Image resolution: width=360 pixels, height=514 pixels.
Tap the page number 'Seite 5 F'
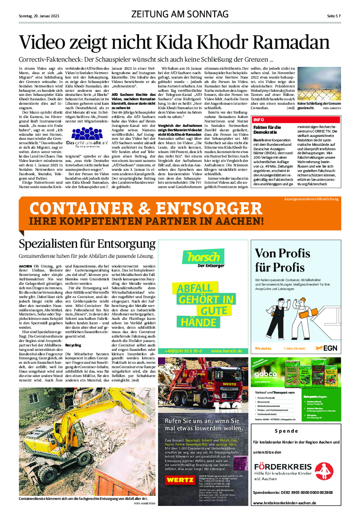click(x=334, y=16)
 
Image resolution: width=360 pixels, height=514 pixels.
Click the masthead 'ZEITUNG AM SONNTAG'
click(x=180, y=15)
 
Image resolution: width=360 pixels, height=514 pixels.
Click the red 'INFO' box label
click(x=259, y=120)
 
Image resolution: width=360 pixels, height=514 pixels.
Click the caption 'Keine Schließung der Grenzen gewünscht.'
click(x=318, y=106)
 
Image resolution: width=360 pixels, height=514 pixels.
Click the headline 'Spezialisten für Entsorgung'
click(x=87, y=244)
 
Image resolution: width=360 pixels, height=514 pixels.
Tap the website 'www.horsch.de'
click(x=226, y=351)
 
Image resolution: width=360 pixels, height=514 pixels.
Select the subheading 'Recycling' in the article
click(x=73, y=345)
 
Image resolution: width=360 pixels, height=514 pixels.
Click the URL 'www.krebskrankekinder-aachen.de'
click(x=285, y=503)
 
